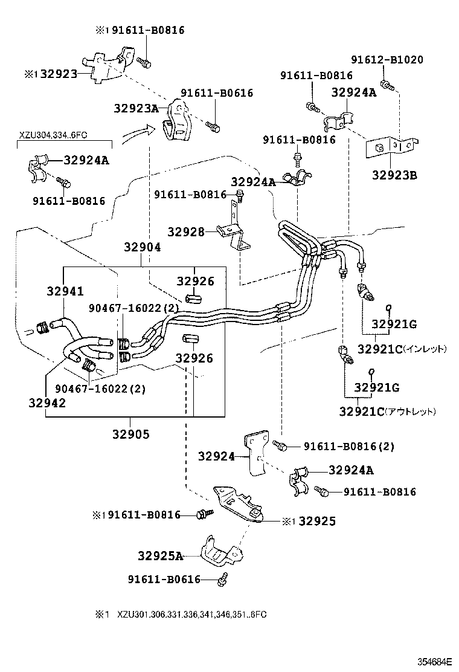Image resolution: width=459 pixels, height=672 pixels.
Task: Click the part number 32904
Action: click(143, 247)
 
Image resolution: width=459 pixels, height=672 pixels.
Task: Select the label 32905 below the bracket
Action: click(131, 433)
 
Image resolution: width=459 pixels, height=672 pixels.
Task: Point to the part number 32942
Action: click(47, 403)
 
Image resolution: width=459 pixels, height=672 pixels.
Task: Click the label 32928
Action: click(185, 231)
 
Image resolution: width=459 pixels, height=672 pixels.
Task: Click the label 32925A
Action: click(160, 556)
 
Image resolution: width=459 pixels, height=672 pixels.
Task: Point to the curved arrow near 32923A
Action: click(134, 134)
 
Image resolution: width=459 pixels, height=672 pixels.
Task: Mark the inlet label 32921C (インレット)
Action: click(402, 349)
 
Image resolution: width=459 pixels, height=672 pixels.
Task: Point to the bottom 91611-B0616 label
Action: click(164, 580)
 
